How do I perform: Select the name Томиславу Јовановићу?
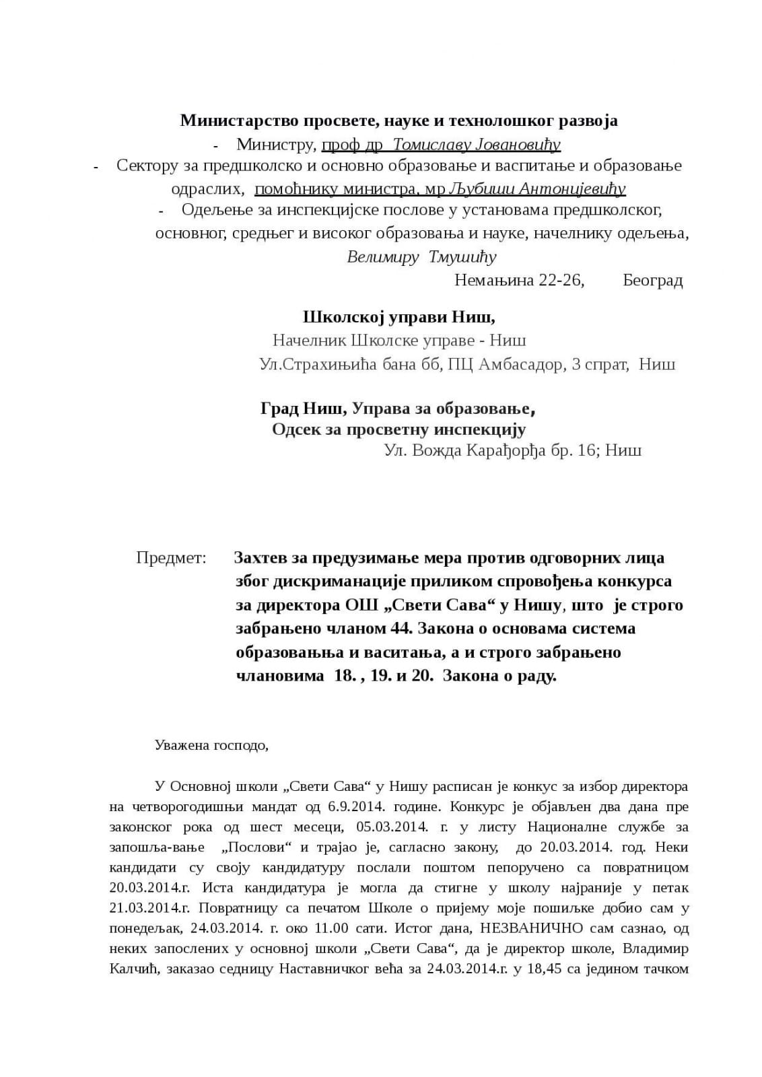(x=476, y=145)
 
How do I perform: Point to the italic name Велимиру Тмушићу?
(x=421, y=257)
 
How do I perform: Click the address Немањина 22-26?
(x=519, y=280)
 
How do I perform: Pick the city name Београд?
(x=652, y=280)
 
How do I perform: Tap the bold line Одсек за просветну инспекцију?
(x=399, y=429)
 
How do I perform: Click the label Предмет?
(x=171, y=558)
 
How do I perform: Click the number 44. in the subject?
(x=400, y=629)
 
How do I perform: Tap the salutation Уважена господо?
(x=211, y=746)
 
